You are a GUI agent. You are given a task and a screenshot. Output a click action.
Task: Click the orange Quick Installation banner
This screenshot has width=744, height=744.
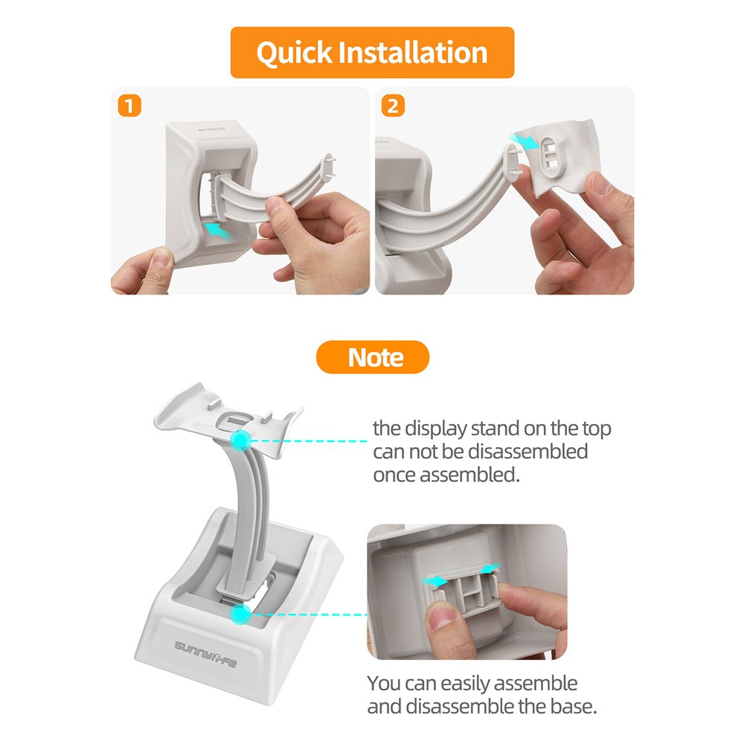pos(372,52)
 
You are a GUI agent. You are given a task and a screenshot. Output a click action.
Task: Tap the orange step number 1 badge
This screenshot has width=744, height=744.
pos(129,106)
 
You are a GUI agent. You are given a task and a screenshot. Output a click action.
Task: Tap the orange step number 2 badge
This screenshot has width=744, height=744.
pos(393,106)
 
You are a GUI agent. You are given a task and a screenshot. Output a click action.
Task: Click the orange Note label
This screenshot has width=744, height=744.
pos(373,357)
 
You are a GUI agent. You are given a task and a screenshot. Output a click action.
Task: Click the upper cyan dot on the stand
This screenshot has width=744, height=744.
pos(241,440)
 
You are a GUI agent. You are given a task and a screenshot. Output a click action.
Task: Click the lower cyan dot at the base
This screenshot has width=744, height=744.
pos(240,614)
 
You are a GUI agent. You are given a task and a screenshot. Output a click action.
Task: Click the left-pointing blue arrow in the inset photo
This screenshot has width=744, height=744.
pos(490,568)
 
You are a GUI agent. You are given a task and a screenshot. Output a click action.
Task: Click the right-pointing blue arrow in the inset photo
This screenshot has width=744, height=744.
pos(434,581)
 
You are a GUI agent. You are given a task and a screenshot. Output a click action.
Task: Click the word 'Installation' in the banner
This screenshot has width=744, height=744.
pos(413,52)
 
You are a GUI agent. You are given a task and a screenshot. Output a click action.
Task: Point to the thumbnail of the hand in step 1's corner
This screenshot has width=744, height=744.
pos(161,260)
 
